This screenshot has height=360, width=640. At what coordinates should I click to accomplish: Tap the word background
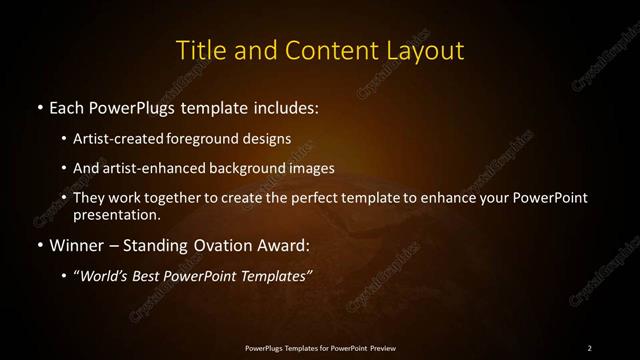tap(252, 168)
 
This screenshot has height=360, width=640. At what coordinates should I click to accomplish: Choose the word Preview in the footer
tap(382, 347)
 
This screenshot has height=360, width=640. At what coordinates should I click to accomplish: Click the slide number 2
tap(589, 347)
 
